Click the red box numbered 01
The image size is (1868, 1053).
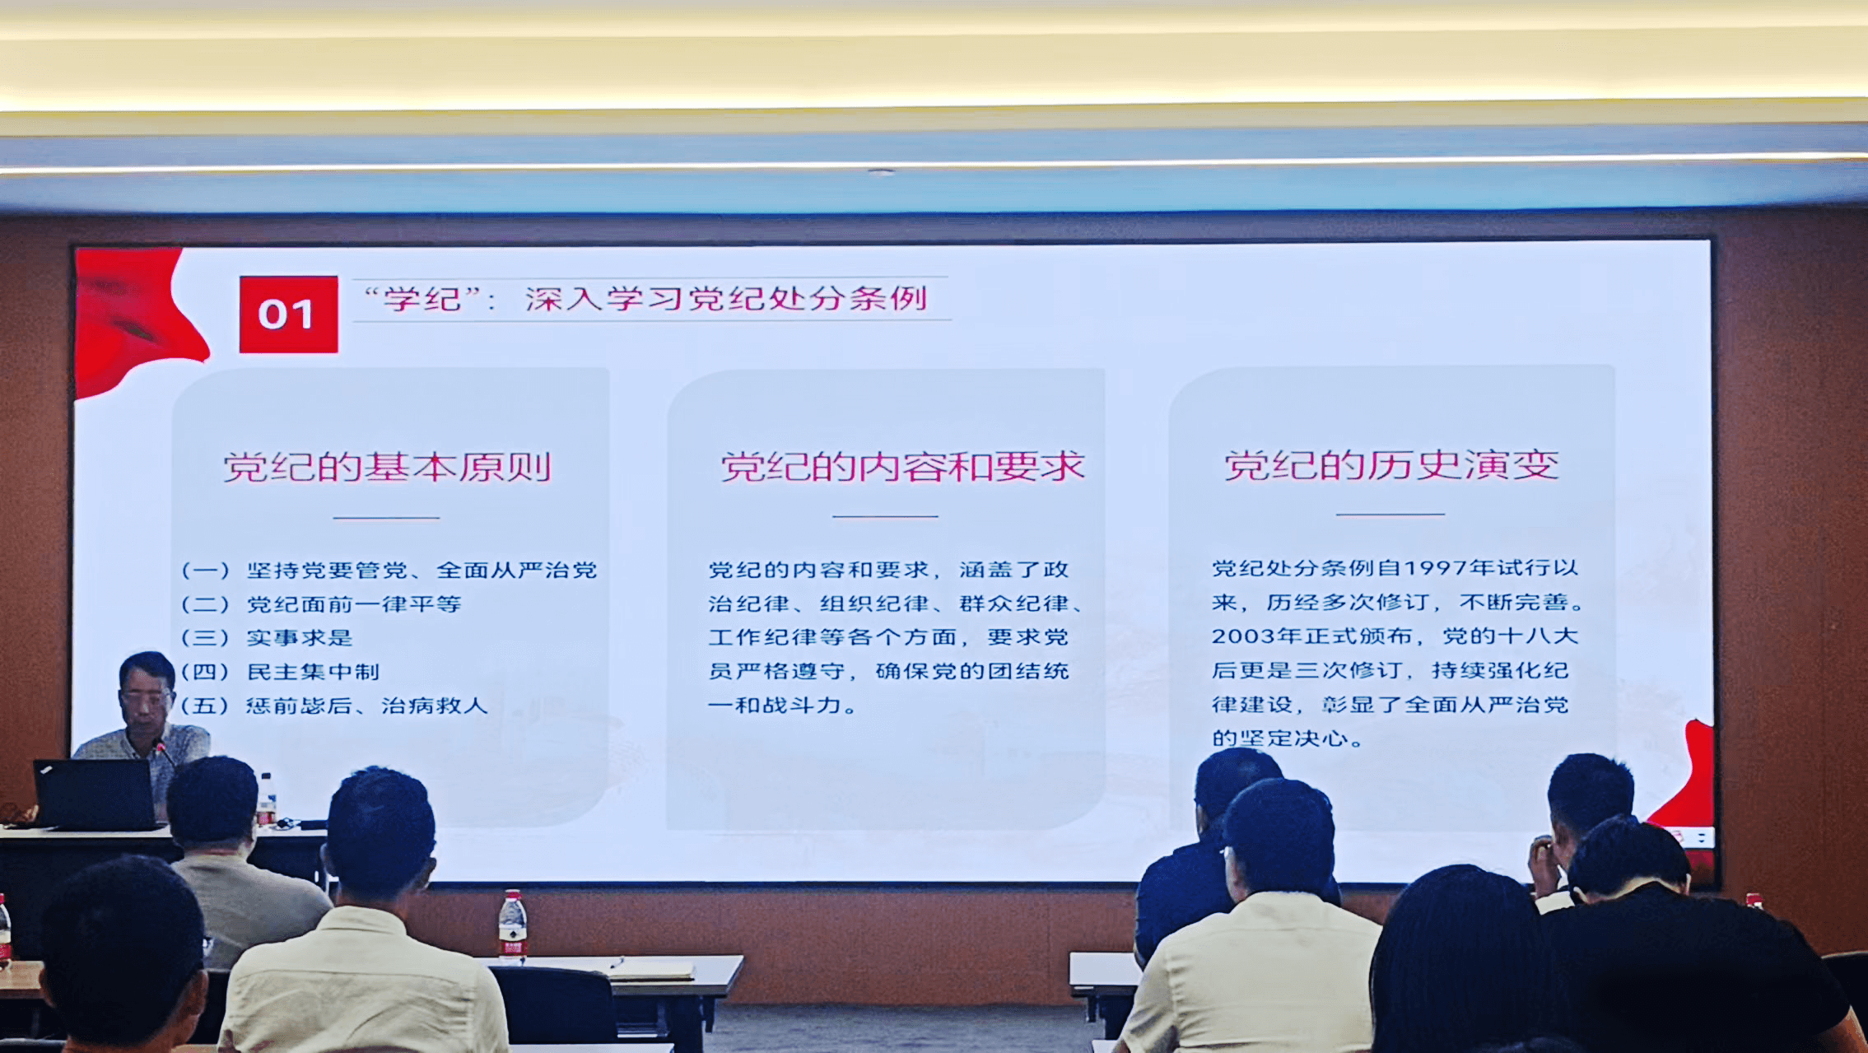(x=288, y=315)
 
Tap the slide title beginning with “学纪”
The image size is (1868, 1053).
(x=646, y=298)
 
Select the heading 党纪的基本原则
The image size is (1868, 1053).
(x=387, y=467)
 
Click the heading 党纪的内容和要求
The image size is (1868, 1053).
(x=902, y=467)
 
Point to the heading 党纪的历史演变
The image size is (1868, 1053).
(x=1391, y=465)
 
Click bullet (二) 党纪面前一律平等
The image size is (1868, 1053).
(x=321, y=604)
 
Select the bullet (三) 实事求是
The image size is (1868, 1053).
(x=267, y=638)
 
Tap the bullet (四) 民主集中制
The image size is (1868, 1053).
(x=280, y=672)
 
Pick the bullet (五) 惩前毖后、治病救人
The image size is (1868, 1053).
(x=334, y=706)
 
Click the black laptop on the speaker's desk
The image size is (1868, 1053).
(x=95, y=794)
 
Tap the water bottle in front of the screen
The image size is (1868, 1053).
(x=512, y=926)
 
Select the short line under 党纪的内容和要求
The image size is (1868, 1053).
(x=885, y=516)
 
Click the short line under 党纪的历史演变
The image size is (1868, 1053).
(x=1391, y=515)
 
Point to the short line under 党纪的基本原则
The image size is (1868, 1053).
(x=386, y=518)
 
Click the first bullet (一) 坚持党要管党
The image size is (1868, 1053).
(x=389, y=571)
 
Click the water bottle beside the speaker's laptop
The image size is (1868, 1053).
(x=266, y=799)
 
